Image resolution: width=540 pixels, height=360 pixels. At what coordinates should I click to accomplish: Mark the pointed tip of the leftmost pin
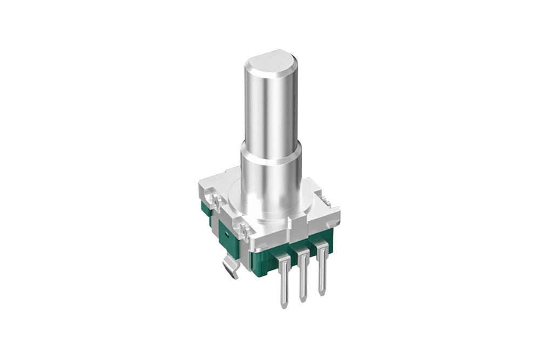click(x=285, y=303)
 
